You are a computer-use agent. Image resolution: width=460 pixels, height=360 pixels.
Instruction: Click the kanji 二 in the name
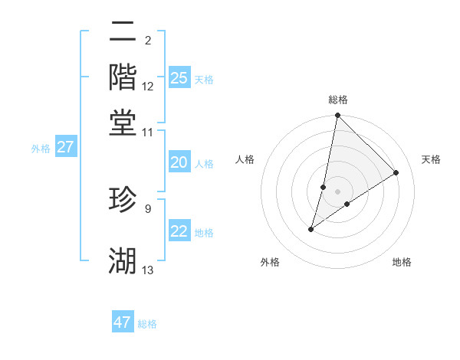pyautogui.click(x=123, y=31)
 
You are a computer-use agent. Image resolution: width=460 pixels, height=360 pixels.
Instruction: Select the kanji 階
pyautogui.click(x=123, y=77)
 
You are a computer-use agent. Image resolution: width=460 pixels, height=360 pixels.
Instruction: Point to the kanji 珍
pyautogui.click(x=123, y=200)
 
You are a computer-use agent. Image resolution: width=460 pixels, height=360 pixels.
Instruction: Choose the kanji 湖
pyautogui.click(x=123, y=262)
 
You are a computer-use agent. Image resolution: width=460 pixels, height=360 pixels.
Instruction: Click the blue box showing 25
pyautogui.click(x=179, y=77)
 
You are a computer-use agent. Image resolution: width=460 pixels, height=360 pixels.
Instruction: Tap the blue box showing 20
pyautogui.click(x=179, y=162)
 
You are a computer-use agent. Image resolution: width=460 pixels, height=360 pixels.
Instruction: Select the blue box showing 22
pyautogui.click(x=179, y=231)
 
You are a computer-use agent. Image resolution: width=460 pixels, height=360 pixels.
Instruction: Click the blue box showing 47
pyautogui.click(x=123, y=322)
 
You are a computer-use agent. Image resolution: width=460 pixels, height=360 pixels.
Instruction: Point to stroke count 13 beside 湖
pyautogui.click(x=148, y=270)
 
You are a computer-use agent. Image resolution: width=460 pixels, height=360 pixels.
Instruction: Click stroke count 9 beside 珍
pyautogui.click(x=148, y=207)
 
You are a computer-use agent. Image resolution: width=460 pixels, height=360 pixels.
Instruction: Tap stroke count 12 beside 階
pyautogui.click(x=148, y=85)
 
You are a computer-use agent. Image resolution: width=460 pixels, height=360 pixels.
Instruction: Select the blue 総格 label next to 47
pyautogui.click(x=147, y=324)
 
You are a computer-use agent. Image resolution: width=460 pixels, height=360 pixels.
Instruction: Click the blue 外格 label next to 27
pyautogui.click(x=41, y=149)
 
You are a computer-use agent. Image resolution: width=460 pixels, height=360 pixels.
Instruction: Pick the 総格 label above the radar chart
pyautogui.click(x=337, y=100)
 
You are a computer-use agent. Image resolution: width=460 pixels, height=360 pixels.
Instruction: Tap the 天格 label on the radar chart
pyautogui.click(x=431, y=159)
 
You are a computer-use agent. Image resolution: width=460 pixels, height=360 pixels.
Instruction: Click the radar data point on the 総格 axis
pyautogui.click(x=337, y=116)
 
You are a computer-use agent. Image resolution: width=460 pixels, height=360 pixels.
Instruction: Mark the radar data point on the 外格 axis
pyautogui.click(x=311, y=228)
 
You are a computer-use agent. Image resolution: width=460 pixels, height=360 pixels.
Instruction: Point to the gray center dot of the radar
pyautogui.click(x=337, y=191)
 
